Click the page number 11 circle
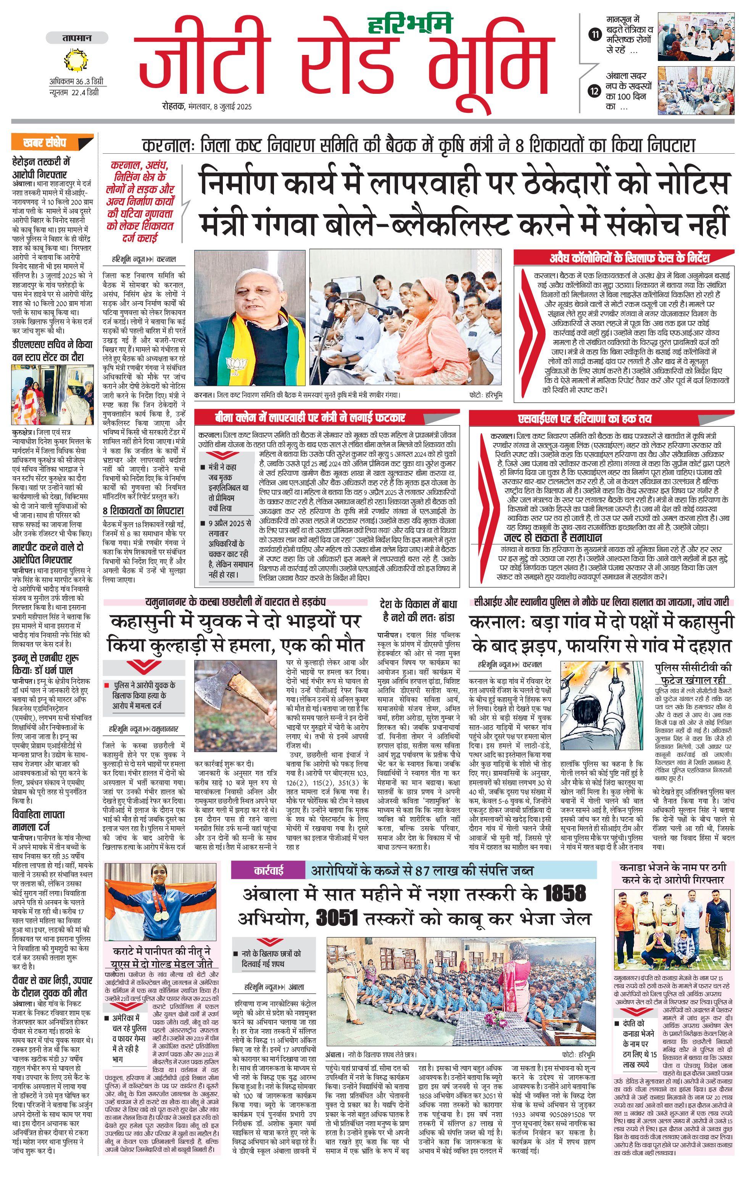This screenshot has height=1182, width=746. point(595,34)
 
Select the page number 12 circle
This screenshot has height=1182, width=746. point(595,91)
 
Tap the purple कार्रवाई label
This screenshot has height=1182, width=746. point(268,871)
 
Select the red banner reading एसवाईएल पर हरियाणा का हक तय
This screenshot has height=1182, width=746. point(585,418)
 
